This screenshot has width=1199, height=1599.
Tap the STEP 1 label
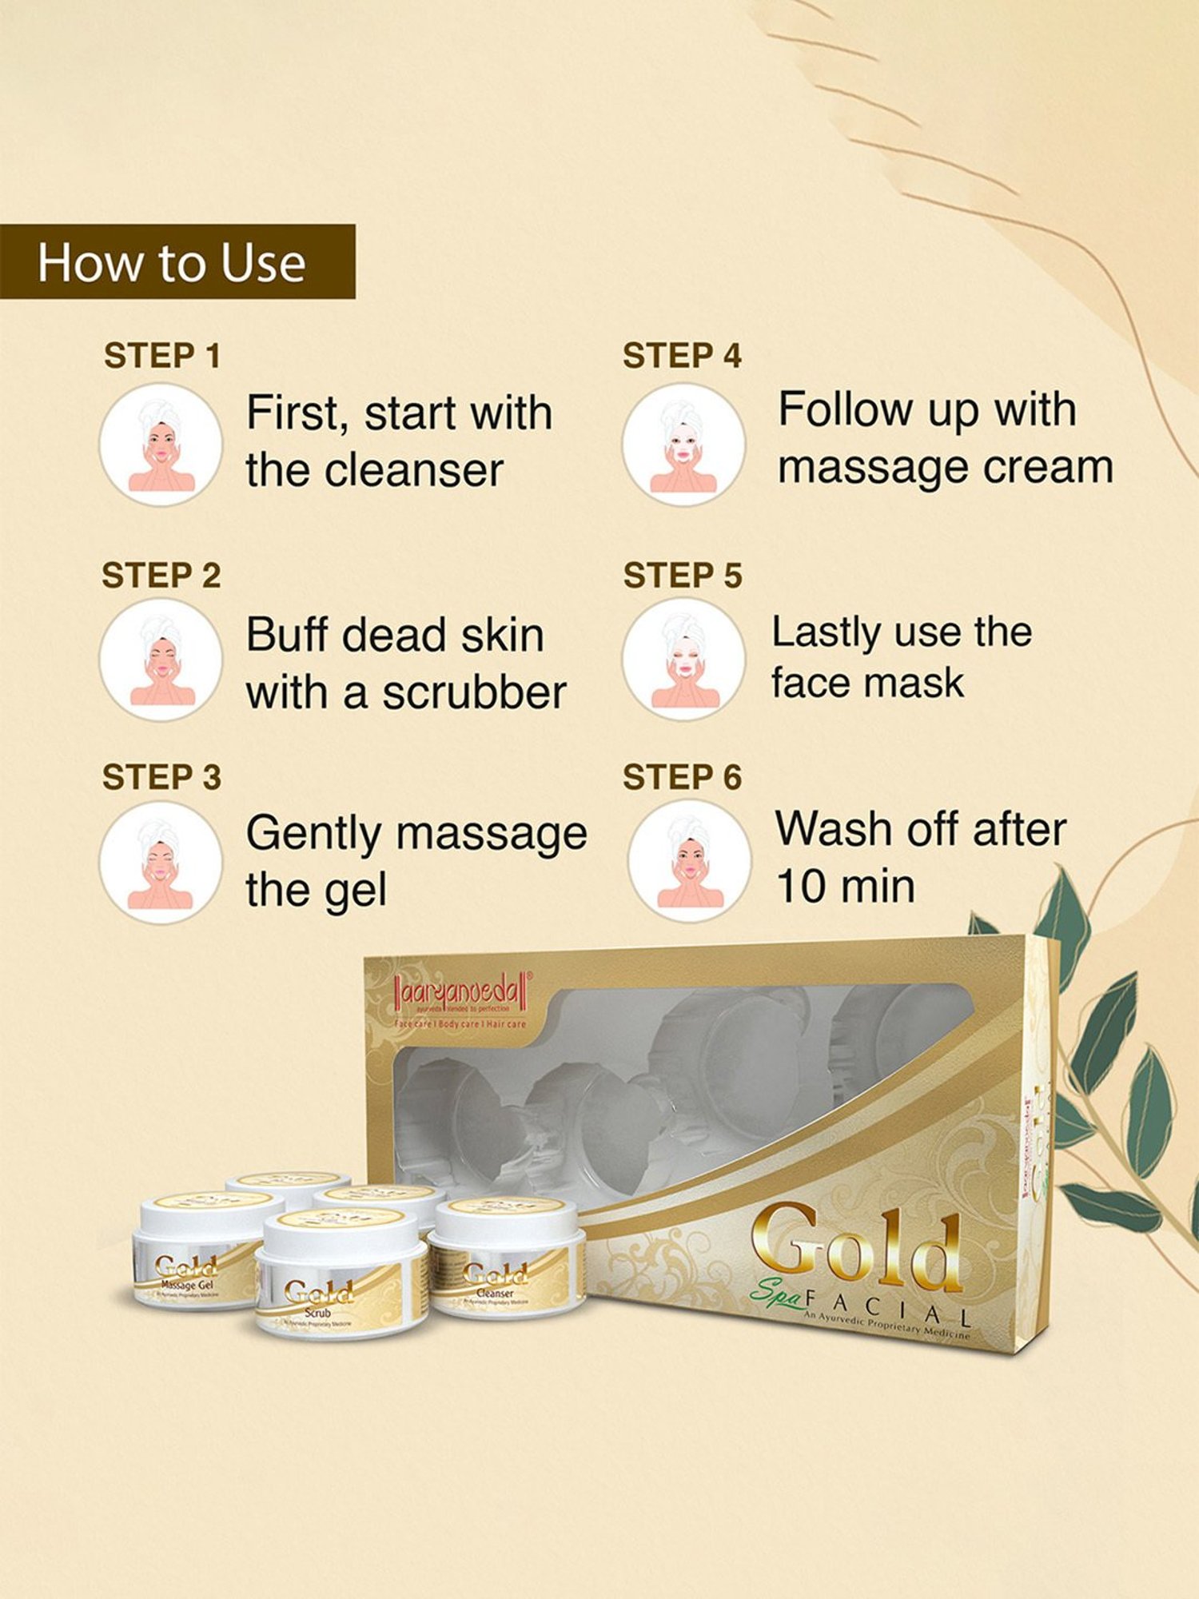point(161,357)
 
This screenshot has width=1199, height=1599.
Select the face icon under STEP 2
point(161,660)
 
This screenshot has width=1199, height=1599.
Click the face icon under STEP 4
point(683,445)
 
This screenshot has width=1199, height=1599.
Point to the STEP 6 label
point(682,777)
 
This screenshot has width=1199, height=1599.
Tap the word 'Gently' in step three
point(313,835)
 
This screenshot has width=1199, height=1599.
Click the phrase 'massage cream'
point(946,468)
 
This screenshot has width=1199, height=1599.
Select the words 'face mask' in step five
point(867,684)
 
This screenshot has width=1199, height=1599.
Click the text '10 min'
point(845,887)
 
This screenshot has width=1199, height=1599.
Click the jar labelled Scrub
point(340,1275)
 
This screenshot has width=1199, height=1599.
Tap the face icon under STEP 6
point(689,861)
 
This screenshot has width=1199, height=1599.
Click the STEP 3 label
point(161,777)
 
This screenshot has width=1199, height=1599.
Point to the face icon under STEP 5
point(683,660)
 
